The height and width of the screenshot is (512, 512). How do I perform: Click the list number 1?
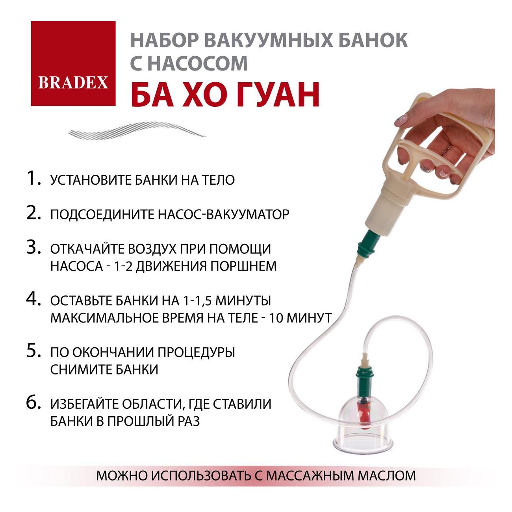(x=33, y=179)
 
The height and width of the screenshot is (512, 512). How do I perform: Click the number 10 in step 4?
(x=275, y=317)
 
